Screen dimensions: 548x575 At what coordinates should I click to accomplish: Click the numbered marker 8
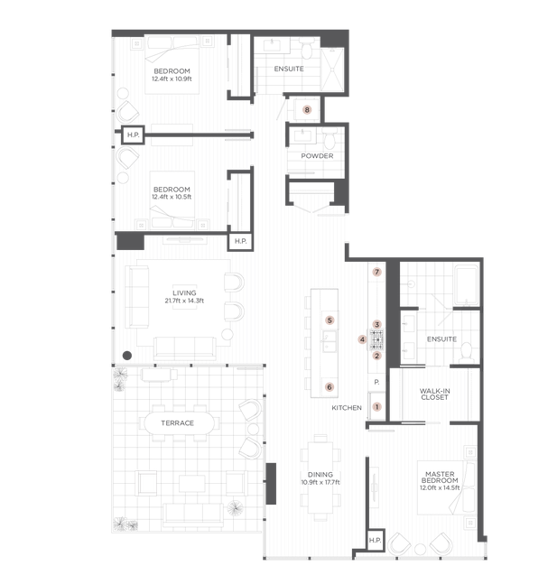(307, 109)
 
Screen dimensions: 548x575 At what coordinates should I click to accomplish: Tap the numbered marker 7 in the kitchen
(376, 272)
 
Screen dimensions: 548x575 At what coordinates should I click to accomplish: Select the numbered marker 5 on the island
(330, 320)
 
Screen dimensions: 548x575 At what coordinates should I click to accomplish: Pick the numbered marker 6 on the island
(330, 387)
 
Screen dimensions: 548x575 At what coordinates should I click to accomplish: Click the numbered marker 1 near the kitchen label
(376, 407)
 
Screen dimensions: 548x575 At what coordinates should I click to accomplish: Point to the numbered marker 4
(362, 339)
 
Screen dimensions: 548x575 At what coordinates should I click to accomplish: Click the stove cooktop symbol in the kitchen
(376, 340)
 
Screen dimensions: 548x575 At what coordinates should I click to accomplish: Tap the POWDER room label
(317, 156)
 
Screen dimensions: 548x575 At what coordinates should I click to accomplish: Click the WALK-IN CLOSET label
(434, 394)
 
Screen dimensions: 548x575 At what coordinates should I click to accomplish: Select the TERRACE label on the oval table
(178, 423)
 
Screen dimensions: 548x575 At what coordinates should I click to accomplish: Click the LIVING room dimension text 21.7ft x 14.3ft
(184, 301)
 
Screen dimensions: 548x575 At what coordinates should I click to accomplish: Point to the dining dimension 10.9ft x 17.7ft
(320, 482)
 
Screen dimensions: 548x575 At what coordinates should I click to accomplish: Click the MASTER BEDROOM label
(440, 478)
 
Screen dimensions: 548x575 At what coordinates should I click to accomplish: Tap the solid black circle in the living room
(127, 356)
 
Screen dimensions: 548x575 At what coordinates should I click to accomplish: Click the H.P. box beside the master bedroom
(376, 540)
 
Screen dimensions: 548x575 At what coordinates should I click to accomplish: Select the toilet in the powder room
(330, 138)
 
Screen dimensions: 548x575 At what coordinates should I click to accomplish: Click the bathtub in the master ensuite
(467, 285)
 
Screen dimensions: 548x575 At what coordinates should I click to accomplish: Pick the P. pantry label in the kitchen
(376, 382)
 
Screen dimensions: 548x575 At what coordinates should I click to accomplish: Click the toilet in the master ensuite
(467, 351)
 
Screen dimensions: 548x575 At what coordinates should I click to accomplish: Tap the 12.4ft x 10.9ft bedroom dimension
(172, 79)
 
